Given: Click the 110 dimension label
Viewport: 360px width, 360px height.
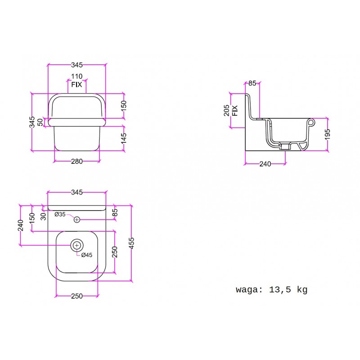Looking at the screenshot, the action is pos(76,76).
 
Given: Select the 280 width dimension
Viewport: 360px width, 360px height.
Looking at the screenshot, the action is pos(76,162).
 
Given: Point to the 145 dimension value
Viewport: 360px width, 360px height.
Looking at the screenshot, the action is pos(124,139).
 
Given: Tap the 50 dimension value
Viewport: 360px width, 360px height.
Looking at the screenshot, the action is pos(40,122).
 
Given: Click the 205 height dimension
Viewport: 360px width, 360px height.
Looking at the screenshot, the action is pos(227,110).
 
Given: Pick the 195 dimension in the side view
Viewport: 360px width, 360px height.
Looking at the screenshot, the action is pos(328,135).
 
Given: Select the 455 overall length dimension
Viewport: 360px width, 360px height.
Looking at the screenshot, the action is pos(131,243).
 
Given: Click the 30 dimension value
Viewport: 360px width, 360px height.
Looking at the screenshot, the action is pos(43,216).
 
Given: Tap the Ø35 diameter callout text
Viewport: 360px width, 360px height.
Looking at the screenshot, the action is pos(60,215).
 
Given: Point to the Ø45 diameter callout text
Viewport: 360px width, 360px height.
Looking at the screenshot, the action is pos(87,255).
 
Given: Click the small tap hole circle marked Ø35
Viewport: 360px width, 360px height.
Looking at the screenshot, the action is pos(76,220).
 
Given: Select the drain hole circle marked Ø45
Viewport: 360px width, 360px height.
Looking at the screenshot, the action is pos(76,245).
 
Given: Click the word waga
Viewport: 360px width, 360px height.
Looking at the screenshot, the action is pos(247,290).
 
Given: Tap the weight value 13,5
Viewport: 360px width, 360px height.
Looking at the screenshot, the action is pos(280,290).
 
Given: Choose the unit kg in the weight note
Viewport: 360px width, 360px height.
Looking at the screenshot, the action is pos(302,290).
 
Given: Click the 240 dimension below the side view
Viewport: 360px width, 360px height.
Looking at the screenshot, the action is pos(265,164).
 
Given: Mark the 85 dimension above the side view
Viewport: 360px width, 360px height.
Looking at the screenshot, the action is pos(252,83).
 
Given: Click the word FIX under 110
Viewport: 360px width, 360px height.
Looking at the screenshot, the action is pos(76,85).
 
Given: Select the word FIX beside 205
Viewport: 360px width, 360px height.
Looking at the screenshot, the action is pos(235,110).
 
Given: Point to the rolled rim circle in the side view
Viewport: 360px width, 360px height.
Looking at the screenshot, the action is pos(311,122).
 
